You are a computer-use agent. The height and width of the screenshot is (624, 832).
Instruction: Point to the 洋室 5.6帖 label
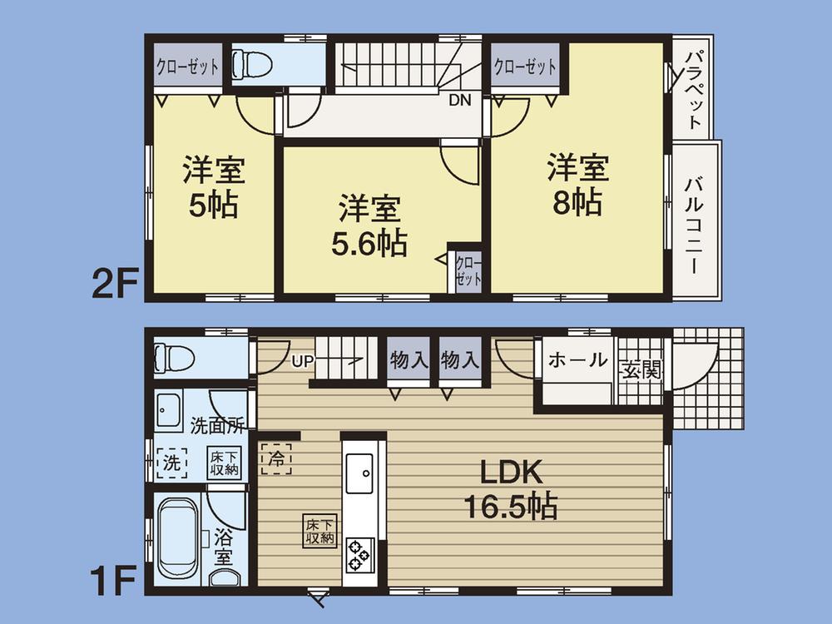(369, 225)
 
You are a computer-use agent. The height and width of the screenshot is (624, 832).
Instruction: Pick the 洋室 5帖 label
(213, 187)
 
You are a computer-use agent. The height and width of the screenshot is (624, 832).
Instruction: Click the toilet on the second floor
(251, 63)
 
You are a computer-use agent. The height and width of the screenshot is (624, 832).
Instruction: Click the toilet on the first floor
(175, 359)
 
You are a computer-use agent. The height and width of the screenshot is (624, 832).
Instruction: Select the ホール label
(577, 360)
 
